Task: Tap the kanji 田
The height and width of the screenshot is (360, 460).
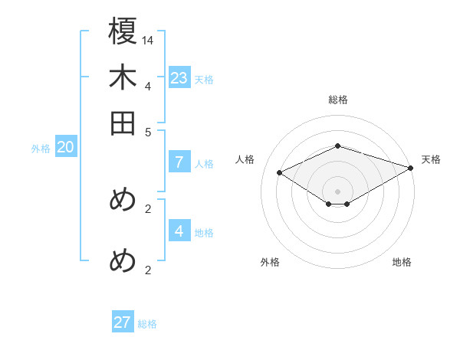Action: coord(123,123)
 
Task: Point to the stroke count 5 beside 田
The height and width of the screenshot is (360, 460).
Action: coord(148,131)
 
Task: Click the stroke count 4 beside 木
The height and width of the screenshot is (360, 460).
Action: coord(148,86)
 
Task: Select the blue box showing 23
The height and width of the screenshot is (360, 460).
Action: coord(179,77)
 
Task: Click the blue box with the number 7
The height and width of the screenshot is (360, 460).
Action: coord(179,162)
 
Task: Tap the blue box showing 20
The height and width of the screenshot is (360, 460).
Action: coord(65,148)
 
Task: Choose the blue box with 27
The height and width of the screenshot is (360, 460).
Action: coord(122,322)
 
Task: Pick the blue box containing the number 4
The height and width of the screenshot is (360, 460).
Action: coord(179,231)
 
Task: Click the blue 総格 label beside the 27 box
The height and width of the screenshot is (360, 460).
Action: coord(147,324)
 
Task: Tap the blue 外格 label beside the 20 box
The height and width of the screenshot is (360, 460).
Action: coord(41,149)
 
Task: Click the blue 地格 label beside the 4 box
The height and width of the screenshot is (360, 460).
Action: coord(204,233)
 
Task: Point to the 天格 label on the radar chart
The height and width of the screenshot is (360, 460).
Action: coord(431,159)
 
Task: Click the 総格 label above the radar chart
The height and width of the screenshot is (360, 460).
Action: coord(337,100)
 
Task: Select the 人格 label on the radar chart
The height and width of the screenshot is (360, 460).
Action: coord(245,159)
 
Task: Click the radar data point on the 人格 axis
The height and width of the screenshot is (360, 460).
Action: coord(280,173)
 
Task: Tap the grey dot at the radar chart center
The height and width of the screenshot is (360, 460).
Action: coord(337,191)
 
